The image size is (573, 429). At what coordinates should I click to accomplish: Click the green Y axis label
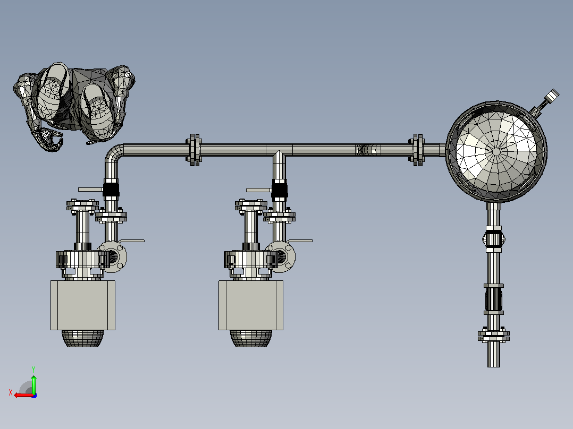[33, 369]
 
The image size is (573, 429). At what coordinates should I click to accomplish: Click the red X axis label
[11, 393]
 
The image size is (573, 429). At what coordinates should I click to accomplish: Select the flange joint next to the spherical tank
[417, 150]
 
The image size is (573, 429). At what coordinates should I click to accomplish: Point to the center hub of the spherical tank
[496, 151]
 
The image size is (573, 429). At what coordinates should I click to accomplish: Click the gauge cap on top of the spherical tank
[551, 95]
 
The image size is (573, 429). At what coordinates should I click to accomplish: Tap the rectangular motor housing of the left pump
[83, 305]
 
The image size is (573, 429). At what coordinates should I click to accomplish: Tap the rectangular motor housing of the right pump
[251, 305]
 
